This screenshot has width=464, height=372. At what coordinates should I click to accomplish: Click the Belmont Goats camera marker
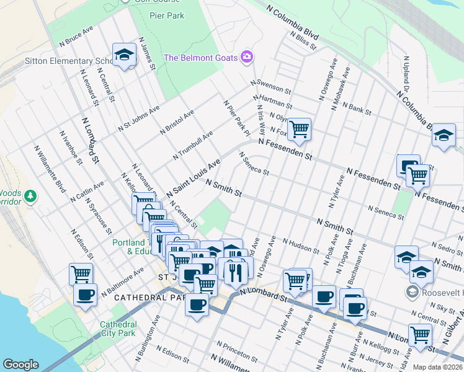coord(247,58)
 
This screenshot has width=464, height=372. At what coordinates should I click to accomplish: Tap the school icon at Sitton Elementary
coord(124,55)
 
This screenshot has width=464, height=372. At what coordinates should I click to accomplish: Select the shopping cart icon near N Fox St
coord(300,129)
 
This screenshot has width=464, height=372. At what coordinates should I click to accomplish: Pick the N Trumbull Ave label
coord(193,145)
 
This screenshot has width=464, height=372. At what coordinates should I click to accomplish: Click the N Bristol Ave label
coord(177,122)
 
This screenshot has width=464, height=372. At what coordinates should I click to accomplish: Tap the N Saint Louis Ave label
coord(194,179)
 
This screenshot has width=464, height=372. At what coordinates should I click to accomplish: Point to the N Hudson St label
coord(300,245)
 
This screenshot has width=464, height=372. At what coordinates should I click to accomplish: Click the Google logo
coord(20,365)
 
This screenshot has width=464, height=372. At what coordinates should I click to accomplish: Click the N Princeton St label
coord(238,352)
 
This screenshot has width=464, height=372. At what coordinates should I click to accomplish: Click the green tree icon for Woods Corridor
coord(30,197)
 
